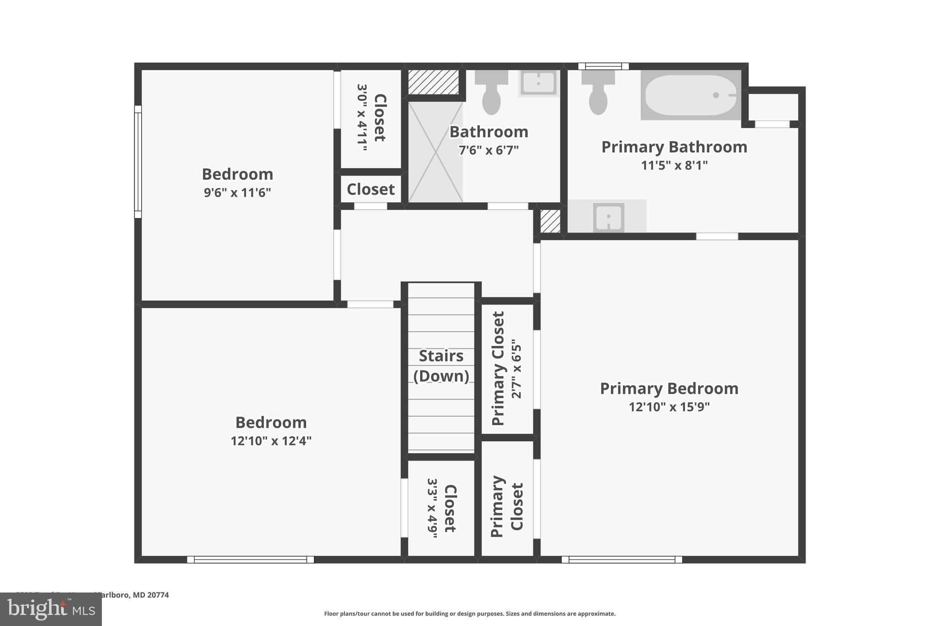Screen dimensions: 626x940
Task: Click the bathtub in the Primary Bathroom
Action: tap(690, 95)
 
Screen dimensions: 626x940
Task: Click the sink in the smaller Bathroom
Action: tap(538, 83)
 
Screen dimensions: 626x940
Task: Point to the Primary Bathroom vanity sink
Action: tap(608, 217)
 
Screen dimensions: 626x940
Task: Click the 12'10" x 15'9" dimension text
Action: tap(669, 407)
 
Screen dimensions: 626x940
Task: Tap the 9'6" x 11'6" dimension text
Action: tap(237, 192)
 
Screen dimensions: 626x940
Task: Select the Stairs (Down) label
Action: tap(441, 366)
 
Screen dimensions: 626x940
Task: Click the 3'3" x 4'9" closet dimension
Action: tap(432, 508)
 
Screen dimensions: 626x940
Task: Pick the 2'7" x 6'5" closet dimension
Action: tap(517, 369)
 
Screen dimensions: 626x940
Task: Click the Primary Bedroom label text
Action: tap(669, 388)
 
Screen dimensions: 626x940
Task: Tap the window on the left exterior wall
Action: tap(138, 161)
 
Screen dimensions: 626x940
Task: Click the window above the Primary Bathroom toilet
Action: tap(603, 66)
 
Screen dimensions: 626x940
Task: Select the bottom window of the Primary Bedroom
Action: tap(621, 559)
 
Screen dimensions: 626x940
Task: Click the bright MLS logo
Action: tap(50, 609)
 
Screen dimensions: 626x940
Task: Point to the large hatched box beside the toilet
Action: tap(433, 83)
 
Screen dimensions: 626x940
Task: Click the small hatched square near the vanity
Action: tap(550, 221)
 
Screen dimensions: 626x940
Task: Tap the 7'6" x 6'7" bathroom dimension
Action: tap(488, 150)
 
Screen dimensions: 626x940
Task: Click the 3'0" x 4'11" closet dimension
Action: tap(362, 117)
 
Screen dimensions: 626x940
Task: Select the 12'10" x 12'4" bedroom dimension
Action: tap(271, 441)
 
